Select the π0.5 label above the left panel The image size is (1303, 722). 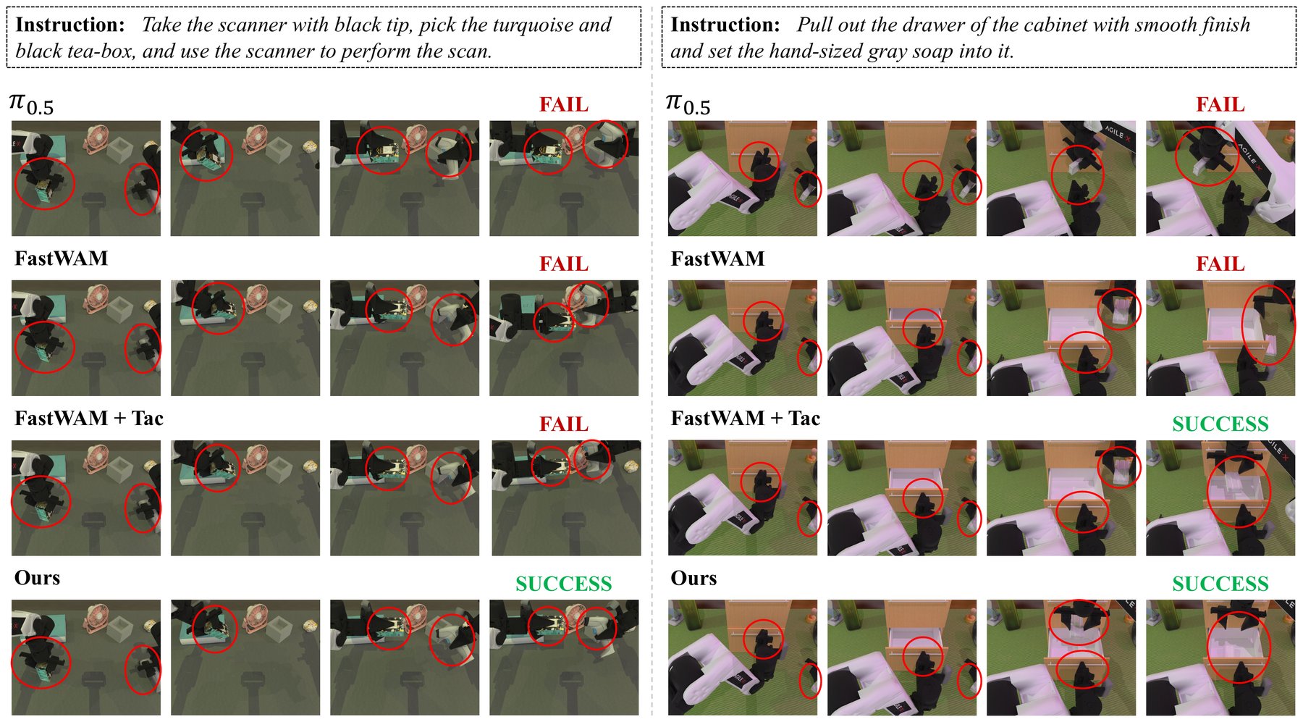[x=31, y=104]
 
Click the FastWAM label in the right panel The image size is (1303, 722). [x=717, y=259]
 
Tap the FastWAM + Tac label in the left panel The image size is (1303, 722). [x=89, y=419]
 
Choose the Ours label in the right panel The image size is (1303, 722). [x=693, y=578]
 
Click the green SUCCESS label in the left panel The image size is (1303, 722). [x=564, y=584]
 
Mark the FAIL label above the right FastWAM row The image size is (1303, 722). [x=1220, y=264]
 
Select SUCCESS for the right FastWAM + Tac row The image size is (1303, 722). [x=1220, y=424]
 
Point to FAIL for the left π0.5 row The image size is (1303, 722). [x=564, y=105]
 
